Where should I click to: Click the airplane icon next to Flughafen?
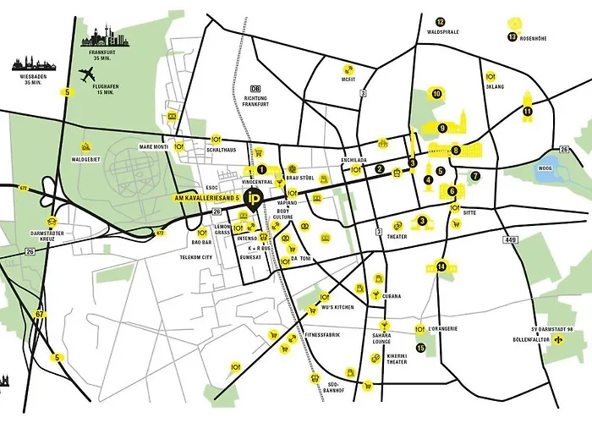[86, 74]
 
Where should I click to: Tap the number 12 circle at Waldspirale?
[440, 22]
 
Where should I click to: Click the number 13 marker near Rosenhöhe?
[513, 37]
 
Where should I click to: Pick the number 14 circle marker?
[441, 266]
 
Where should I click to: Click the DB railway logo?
[255, 88]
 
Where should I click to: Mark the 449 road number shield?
[510, 239]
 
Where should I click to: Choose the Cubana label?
[390, 296]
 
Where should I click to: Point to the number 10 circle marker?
[437, 95]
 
